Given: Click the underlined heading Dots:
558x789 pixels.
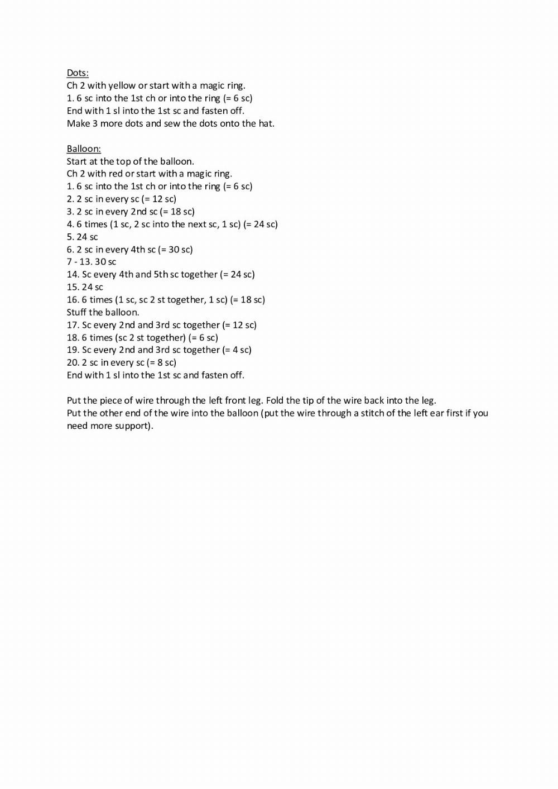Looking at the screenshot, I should pos(78,73).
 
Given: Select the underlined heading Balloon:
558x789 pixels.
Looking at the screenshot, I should pos(84,149).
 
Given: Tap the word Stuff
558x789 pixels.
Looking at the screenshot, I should pos(76,312).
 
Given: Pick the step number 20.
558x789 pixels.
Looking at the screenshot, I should pos(73,363).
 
